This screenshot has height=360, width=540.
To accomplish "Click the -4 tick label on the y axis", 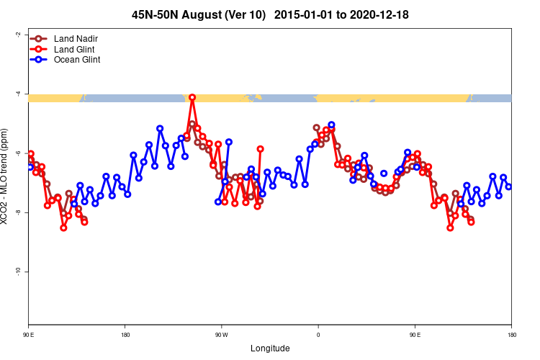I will pyautogui.click(x=17, y=94).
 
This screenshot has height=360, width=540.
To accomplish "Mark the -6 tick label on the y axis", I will pyautogui.click(x=17, y=153).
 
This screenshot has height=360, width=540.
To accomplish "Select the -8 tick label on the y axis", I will pyautogui.click(x=17, y=212).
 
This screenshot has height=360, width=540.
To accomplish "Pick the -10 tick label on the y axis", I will pyautogui.click(x=17, y=271).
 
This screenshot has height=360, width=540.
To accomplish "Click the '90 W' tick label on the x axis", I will pyautogui.click(x=221, y=335).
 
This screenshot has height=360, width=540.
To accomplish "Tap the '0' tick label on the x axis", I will pyautogui.click(x=318, y=335).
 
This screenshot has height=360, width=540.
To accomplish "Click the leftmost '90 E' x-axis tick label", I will pyautogui.click(x=29, y=335).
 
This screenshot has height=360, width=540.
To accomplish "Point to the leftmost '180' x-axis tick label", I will pyautogui.click(x=125, y=335).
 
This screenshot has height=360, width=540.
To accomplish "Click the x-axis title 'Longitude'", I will pyautogui.click(x=270, y=348).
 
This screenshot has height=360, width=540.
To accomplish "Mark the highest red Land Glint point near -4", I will pyautogui.click(x=192, y=97).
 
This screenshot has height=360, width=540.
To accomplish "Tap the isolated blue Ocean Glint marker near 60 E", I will pyautogui.click(x=384, y=174).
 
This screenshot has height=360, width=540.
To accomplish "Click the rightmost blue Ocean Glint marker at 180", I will pyautogui.click(x=508, y=186).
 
